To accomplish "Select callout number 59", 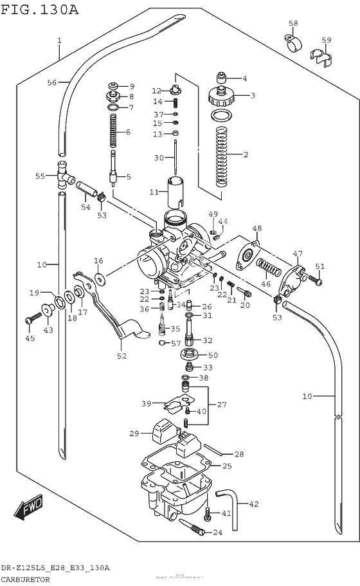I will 327,41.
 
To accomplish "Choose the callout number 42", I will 253,504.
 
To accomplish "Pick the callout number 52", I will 122,356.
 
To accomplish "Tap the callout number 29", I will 134,434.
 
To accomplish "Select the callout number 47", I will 298,253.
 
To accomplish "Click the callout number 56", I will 52,82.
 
